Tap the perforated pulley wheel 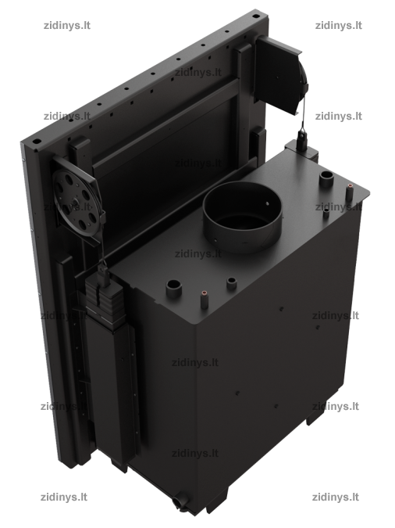[76, 203]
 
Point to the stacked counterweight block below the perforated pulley [102, 296]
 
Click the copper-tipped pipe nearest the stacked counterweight [204, 300]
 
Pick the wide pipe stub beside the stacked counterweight [174, 288]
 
